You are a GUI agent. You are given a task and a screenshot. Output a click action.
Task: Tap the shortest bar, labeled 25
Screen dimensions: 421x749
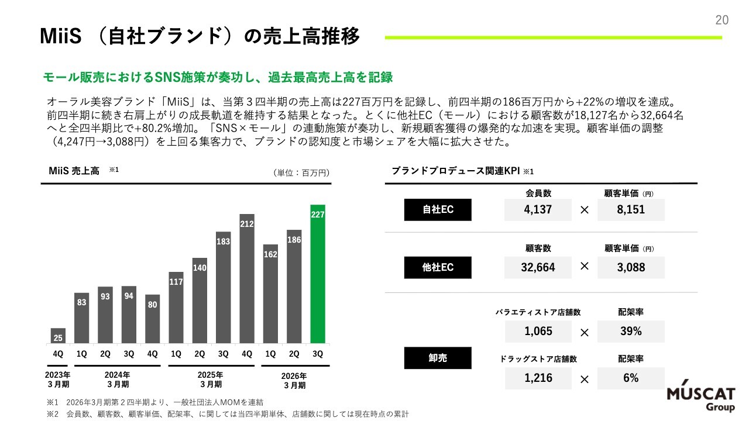point(59,336)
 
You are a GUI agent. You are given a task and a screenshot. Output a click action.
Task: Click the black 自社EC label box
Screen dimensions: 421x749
point(438,210)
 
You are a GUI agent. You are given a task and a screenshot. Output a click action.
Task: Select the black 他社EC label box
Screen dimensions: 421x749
point(438,267)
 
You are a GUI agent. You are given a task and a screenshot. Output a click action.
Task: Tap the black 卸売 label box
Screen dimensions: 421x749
point(438,358)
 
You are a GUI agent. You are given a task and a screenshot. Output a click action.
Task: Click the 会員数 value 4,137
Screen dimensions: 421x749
point(538,210)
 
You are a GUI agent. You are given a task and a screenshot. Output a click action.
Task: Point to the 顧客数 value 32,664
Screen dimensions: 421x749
point(538,267)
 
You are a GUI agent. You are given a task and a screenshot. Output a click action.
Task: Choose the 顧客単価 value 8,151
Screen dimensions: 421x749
point(631,210)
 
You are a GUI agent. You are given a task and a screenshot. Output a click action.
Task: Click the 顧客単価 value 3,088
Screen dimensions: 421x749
point(631,267)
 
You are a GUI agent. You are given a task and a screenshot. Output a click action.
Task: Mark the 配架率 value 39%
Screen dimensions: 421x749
point(631,332)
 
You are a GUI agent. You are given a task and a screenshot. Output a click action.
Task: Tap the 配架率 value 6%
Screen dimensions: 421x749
point(631,378)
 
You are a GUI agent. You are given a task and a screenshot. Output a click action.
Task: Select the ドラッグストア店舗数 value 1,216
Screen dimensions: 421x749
point(538,378)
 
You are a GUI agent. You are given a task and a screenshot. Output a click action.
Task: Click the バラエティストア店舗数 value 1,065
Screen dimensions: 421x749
point(538,332)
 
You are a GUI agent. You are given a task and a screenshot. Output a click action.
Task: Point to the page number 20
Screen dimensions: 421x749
point(721,20)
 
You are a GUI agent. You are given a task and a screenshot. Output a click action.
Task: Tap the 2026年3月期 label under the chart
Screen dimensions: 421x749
point(294,380)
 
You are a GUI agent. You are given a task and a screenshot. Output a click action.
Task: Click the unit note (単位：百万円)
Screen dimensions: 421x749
point(301,172)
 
